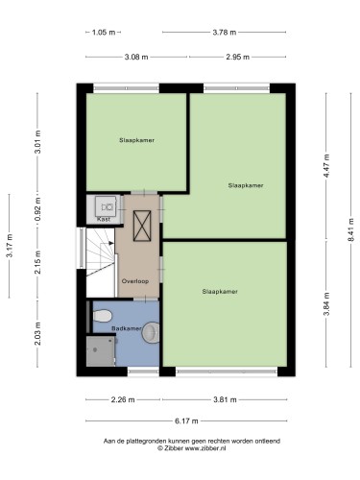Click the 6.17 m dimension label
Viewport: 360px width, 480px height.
[186, 421]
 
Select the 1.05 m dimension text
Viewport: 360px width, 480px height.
[104, 33]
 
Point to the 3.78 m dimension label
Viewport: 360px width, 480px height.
[225, 33]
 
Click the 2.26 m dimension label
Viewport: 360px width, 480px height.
[123, 399]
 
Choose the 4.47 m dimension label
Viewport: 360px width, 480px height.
[326, 166]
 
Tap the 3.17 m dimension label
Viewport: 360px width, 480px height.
[10, 246]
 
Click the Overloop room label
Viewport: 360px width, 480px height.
[135, 281]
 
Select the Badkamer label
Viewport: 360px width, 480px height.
[127, 328]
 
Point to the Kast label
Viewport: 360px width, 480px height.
[104, 219]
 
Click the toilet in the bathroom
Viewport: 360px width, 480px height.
[103, 316]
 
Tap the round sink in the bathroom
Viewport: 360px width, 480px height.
[151, 332]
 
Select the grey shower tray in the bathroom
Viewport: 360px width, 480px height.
[101, 350]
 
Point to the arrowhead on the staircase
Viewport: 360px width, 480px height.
[111, 243]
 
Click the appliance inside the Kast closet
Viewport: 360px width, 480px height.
[106, 206]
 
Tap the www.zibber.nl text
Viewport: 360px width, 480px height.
[205, 448]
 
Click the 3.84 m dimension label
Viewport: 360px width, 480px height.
[326, 304]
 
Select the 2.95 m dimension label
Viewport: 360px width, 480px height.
[237, 58]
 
